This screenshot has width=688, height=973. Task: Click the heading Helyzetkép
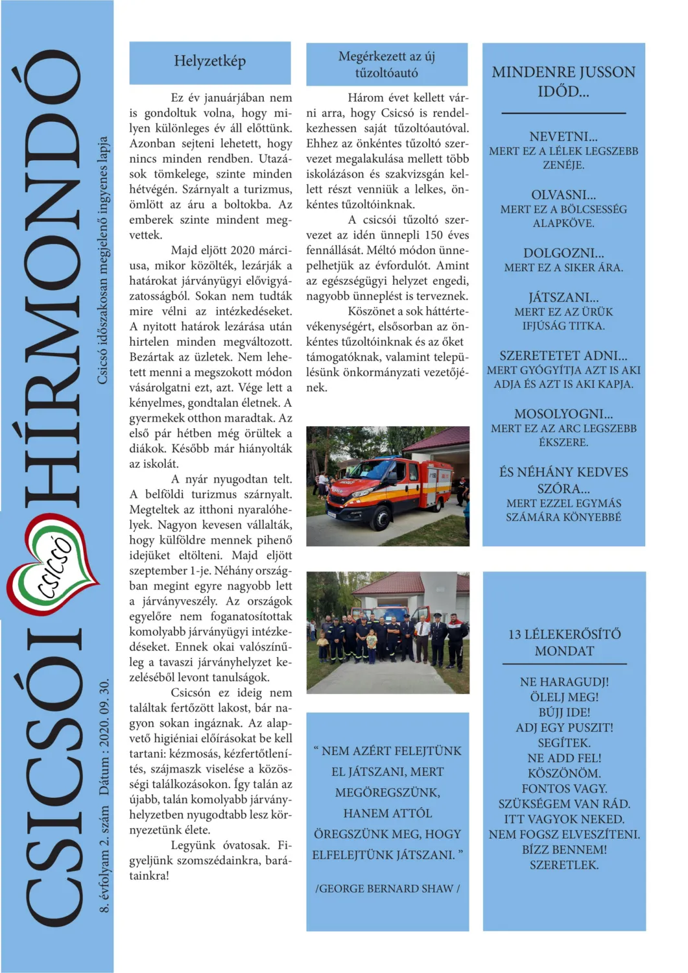click(x=209, y=62)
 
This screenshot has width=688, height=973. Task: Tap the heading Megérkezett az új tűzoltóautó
click(x=386, y=65)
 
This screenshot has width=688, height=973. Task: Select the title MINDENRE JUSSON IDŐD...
click(x=563, y=81)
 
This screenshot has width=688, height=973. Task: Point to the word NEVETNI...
click(x=563, y=137)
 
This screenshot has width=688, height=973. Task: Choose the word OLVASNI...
click(x=563, y=195)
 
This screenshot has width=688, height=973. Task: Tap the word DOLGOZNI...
click(x=563, y=253)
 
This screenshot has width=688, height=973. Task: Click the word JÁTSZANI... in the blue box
click(x=563, y=298)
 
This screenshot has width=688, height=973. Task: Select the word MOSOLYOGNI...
click(x=563, y=414)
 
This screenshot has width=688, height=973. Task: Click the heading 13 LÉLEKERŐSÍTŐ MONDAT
click(x=564, y=642)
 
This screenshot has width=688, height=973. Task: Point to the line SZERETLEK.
click(x=563, y=865)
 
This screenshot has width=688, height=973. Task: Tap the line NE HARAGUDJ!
click(x=564, y=682)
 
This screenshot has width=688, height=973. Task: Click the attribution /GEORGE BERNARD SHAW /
click(x=387, y=889)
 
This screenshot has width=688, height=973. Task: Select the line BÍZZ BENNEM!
click(x=564, y=849)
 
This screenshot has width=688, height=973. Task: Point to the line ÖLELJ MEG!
click(x=564, y=697)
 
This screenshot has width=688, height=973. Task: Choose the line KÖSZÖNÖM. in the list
click(x=564, y=773)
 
